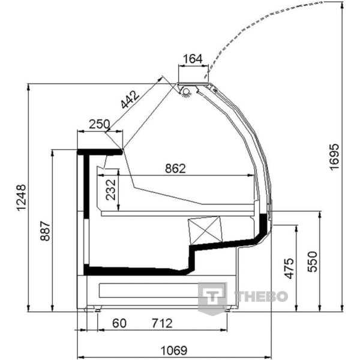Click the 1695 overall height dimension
pos(334,157)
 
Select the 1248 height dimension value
pos(22,197)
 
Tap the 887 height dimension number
pos(45,231)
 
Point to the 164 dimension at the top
pos(193,59)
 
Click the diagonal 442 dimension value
pos(130,100)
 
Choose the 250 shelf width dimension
pos(100,124)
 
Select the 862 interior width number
pos(175,169)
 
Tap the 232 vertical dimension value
pos(111,190)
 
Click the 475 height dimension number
pos(289,268)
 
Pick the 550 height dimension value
pos(312,262)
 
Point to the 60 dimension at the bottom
pos(119,323)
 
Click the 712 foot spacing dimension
pos(162,323)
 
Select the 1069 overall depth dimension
pos(174,350)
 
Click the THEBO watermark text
pos(261,296)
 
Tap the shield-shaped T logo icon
pos(212,298)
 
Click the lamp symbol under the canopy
pos(186,92)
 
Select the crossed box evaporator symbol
pos(205,230)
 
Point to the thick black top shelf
pos(100,152)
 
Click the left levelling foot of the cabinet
pos(97,309)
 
